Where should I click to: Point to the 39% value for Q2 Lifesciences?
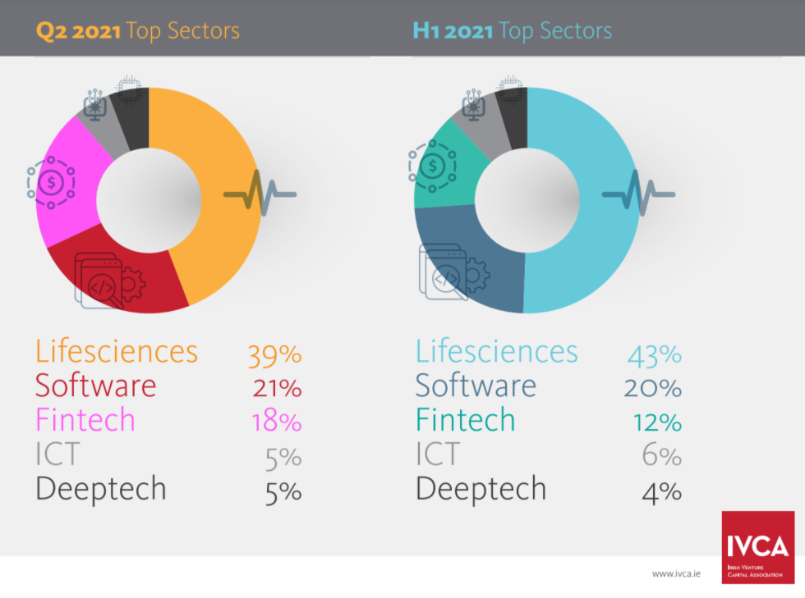(274, 354)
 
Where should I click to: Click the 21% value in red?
(277, 388)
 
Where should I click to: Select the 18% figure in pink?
(277, 422)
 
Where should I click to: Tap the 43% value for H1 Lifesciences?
(654, 354)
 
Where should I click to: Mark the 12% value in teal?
(657, 422)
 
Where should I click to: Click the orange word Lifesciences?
(116, 352)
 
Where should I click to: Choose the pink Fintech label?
(85, 421)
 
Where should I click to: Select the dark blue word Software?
(475, 386)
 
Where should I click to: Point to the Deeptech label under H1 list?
(481, 490)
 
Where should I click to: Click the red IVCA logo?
(757, 547)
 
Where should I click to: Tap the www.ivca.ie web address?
(677, 573)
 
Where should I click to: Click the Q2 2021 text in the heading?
(79, 31)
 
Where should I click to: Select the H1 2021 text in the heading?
(453, 31)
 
